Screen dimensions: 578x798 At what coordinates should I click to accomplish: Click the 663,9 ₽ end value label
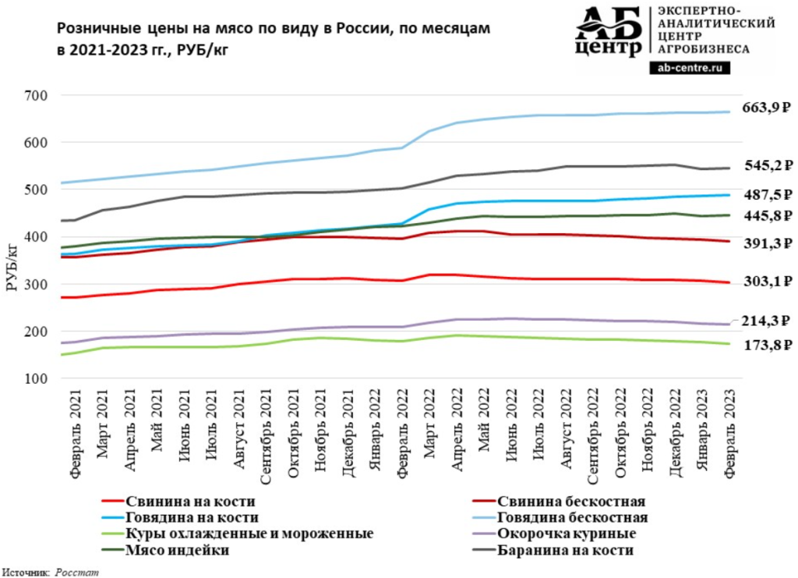pos(767,108)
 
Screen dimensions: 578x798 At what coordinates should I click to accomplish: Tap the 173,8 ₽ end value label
pos(767,344)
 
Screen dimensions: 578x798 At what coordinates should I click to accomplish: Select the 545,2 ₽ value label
pos(767,165)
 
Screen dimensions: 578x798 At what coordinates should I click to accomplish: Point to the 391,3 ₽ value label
pos(767,243)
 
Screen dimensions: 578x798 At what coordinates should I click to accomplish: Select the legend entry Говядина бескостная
pos(573,517)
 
